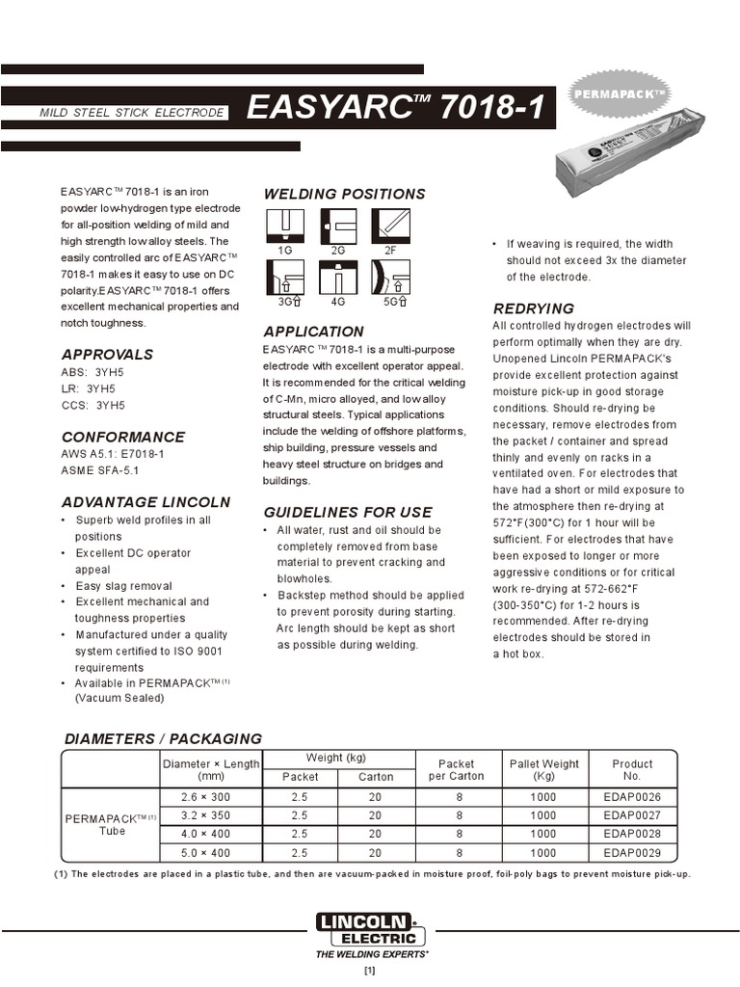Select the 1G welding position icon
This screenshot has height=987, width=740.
click(284, 226)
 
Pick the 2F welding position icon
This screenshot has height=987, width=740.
click(390, 226)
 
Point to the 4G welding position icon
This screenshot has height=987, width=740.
click(337, 279)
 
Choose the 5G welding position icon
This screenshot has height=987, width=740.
click(390, 279)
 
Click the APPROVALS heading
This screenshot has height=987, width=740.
click(107, 354)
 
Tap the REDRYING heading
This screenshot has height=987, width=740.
click(533, 308)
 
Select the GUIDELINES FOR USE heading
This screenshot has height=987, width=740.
click(348, 512)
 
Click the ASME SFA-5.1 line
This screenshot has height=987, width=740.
click(100, 470)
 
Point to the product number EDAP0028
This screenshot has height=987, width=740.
click(632, 834)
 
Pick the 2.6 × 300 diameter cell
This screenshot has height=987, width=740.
click(205, 797)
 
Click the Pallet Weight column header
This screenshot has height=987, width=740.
click(544, 770)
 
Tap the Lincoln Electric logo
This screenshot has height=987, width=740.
click(370, 929)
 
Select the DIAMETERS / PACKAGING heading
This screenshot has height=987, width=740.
click(162, 738)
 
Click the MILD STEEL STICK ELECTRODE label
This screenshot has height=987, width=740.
click(130, 114)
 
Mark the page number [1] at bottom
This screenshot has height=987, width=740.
click(369, 972)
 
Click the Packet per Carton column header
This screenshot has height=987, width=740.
click(456, 770)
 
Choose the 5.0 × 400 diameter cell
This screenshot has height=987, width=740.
click(205, 853)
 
